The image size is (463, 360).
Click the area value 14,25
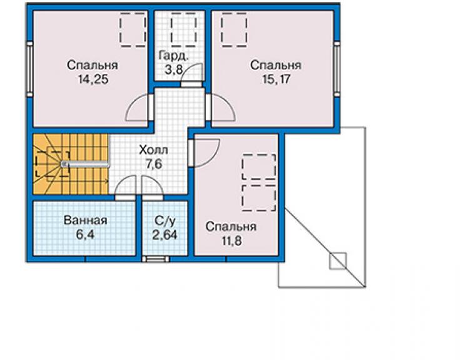click(x=93, y=80)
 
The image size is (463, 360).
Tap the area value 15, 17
click(x=277, y=80)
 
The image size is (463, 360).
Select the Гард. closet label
click(x=174, y=55)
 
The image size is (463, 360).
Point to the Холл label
click(x=153, y=150)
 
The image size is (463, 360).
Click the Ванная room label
click(x=85, y=220)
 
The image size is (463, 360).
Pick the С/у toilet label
click(x=165, y=221)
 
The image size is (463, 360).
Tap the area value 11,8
click(x=232, y=241)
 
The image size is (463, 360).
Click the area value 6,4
click(x=85, y=235)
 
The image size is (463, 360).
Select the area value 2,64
click(x=165, y=235)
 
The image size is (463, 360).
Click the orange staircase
click(x=71, y=164)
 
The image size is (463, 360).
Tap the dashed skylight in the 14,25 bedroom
click(x=133, y=29)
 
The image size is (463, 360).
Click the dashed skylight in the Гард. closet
click(x=183, y=29)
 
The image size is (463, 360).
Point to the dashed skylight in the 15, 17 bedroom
click(x=234, y=29)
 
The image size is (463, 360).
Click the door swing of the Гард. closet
click(x=191, y=73)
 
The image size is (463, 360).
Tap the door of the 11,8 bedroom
click(x=205, y=153)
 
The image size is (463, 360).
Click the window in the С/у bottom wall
click(x=156, y=259)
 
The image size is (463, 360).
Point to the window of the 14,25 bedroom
click(x=30, y=69)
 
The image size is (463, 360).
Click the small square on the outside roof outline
click(x=338, y=260)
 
